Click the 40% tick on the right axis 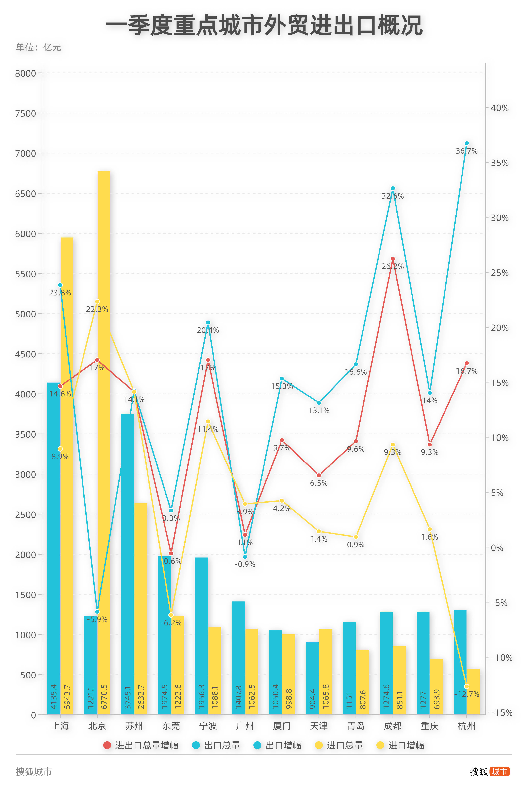(499, 108)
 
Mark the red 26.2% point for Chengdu (393, 259)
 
